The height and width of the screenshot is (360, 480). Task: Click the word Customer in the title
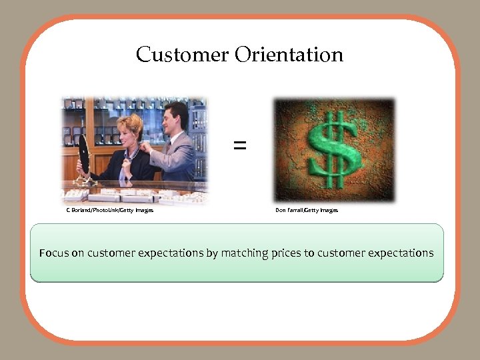click(182, 54)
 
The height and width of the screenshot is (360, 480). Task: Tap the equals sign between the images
click(239, 145)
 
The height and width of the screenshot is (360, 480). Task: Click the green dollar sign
click(334, 150)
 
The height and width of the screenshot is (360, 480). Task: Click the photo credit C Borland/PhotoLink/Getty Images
click(109, 210)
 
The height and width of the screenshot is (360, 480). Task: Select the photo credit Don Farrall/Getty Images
click(307, 210)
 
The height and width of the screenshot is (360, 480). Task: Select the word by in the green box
click(212, 253)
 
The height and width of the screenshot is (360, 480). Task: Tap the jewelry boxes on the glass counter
click(127, 195)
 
